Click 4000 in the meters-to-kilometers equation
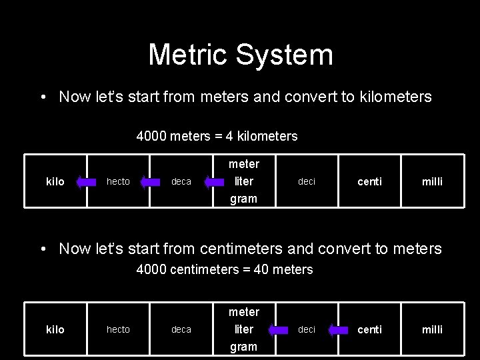click(x=151, y=136)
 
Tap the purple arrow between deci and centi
click(x=339, y=329)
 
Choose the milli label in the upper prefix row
click(x=431, y=181)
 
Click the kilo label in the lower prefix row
click(x=55, y=329)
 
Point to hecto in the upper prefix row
click(x=119, y=181)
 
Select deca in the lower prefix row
click(x=181, y=329)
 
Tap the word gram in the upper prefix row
click(x=243, y=199)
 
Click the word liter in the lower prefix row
click(x=243, y=329)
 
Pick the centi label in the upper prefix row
click(x=370, y=181)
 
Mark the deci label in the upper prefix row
click(x=307, y=181)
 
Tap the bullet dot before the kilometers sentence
click(x=43, y=97)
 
